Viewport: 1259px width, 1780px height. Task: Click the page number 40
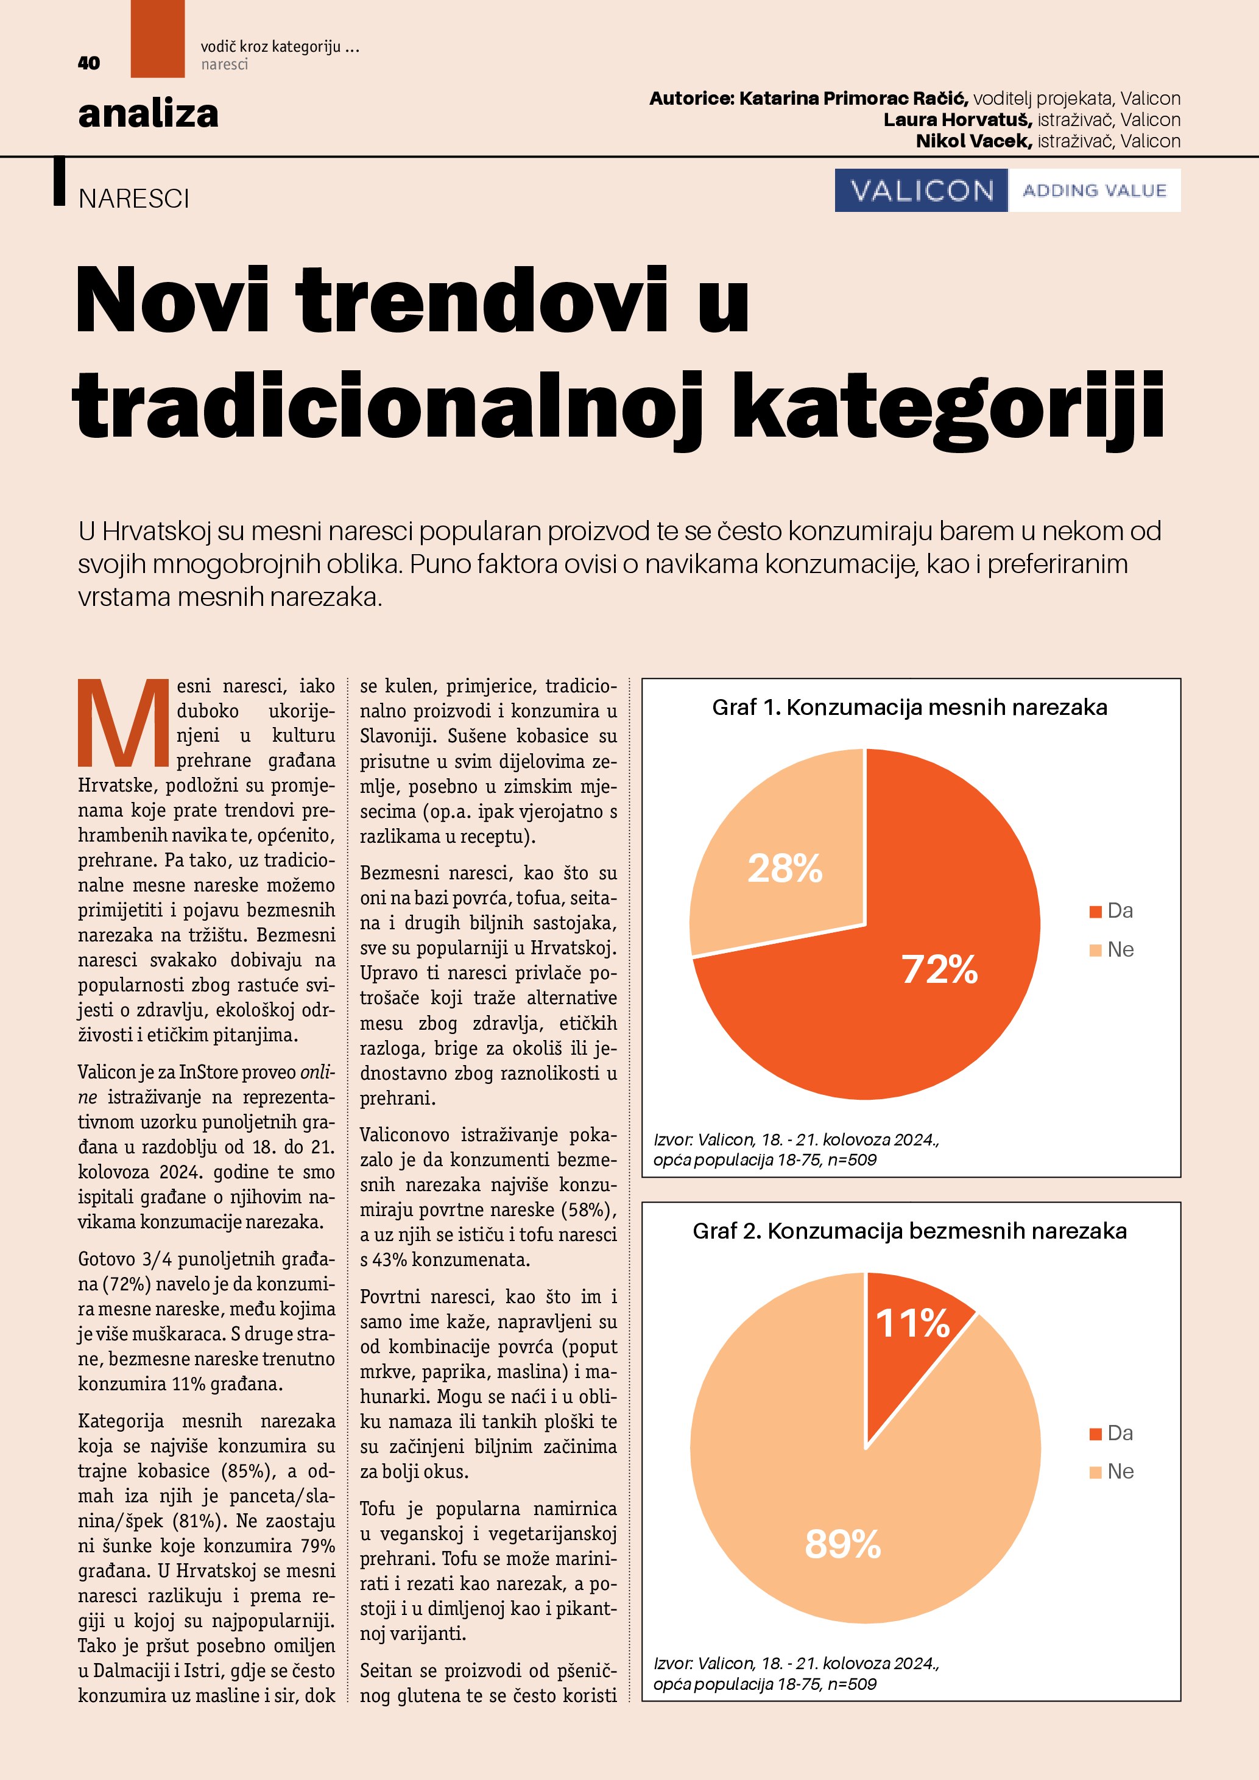[88, 63]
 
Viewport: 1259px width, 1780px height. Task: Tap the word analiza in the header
[148, 114]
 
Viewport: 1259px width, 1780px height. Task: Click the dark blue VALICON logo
[921, 190]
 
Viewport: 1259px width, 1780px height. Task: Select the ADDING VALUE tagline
[1094, 190]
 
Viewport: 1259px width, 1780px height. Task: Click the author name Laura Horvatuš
[957, 120]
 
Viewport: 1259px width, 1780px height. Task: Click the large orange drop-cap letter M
[123, 723]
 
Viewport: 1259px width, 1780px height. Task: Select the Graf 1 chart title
[909, 707]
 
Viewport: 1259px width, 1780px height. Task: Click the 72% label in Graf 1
[940, 969]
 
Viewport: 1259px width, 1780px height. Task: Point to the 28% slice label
[785, 868]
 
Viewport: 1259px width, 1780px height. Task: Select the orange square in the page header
[157, 39]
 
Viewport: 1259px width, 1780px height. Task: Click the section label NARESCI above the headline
[133, 199]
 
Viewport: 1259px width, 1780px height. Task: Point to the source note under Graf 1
[796, 1150]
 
